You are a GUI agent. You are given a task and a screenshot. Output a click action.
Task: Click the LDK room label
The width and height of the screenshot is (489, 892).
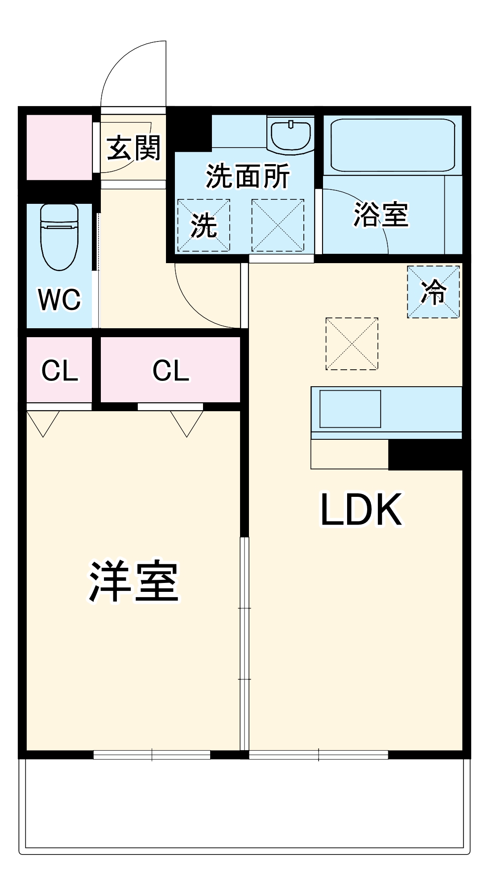pos(361,509)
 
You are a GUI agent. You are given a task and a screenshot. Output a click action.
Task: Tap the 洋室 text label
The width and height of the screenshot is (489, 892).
pos(134,582)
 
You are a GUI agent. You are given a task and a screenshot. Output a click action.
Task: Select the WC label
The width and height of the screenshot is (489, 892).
pos(60,299)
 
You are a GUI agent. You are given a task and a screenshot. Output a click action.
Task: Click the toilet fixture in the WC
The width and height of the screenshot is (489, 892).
pos(59,236)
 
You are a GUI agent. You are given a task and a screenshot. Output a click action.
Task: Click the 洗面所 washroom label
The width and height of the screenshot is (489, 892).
pos(248,176)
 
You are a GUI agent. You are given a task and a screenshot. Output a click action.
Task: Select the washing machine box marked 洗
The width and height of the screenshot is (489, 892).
pos(204,225)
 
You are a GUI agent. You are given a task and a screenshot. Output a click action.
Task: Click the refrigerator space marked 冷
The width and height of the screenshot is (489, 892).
pos(433,292)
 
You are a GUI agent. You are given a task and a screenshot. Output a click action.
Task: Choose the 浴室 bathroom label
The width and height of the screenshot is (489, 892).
pos(381,215)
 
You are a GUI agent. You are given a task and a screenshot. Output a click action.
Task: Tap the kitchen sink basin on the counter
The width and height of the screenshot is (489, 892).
pos(350,409)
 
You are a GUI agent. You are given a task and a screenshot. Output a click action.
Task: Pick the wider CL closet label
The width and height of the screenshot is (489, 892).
pos(170,370)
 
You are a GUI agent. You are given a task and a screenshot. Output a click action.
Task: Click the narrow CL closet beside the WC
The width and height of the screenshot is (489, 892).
pos(59,370)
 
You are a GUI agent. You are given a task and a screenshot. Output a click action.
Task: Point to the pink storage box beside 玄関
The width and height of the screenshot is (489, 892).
pos(59,147)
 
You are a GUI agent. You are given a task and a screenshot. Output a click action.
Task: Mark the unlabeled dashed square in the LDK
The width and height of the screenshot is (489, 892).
pos(352,344)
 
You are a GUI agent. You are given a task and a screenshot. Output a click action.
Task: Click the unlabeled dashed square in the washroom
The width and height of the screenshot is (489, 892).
pos(278,225)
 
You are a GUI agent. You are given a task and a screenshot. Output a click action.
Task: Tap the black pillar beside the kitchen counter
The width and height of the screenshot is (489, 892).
pos(428,455)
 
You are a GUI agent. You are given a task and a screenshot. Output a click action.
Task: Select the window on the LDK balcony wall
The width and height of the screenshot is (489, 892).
pos(319,755)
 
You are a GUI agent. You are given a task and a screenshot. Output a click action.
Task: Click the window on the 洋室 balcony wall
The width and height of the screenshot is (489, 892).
pos(152,755)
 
